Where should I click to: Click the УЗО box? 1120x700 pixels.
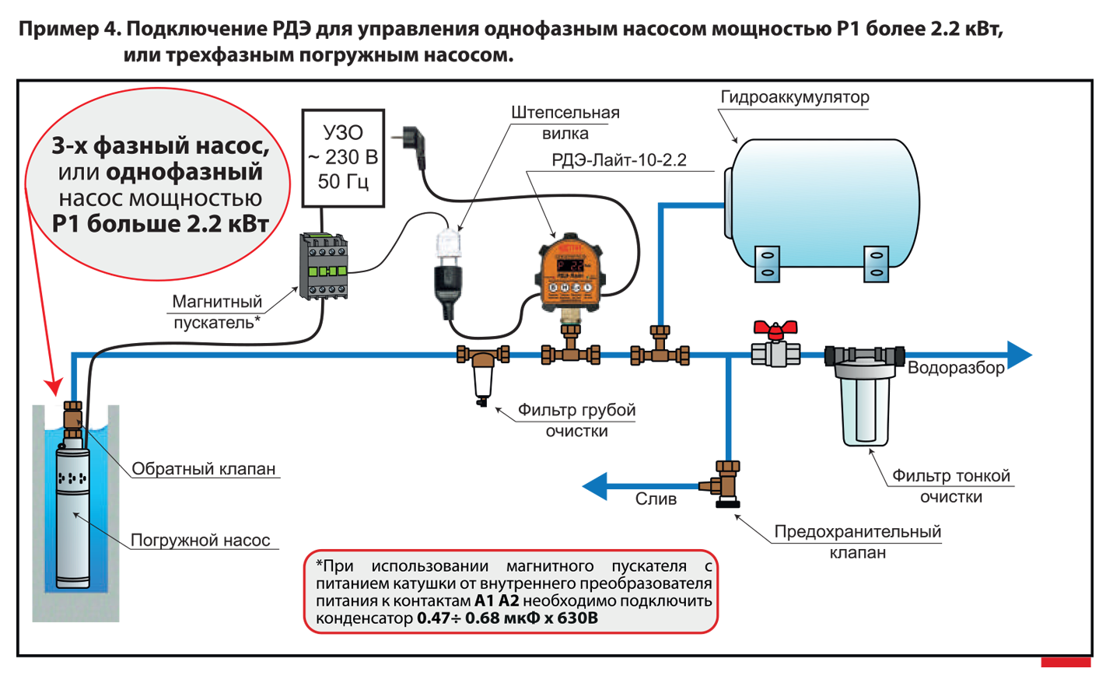coord(343,158)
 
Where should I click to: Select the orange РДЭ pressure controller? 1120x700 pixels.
coord(571,272)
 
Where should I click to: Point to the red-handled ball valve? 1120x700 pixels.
coord(775,345)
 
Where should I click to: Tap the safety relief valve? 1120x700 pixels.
coord(727,484)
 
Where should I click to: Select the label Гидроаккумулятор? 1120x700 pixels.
coord(794,97)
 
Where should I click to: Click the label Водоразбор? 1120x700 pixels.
coord(956,368)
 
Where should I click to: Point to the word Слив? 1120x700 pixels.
coord(656,499)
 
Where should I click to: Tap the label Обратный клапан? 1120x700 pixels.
coord(203,469)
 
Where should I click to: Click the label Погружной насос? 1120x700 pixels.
coord(200,541)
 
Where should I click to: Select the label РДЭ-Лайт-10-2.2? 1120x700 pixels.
coord(619,160)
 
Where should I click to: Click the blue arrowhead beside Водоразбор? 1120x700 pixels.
coord(1018,355)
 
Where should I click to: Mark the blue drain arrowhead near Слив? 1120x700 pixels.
coord(597,487)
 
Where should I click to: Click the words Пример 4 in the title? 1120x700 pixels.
coord(68,30)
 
